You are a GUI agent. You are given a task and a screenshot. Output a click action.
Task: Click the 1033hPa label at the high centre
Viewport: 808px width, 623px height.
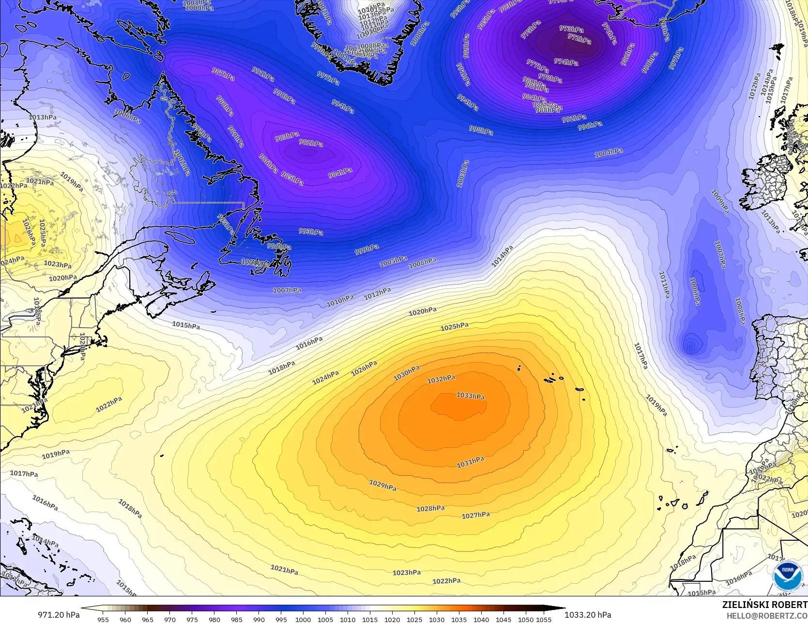click(x=470, y=396)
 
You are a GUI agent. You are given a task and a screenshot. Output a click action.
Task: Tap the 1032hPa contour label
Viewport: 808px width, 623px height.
click(x=441, y=380)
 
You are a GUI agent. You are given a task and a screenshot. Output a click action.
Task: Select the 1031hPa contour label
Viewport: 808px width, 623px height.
click(x=470, y=463)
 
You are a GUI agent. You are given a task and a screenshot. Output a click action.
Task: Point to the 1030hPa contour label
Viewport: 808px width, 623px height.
click(x=406, y=373)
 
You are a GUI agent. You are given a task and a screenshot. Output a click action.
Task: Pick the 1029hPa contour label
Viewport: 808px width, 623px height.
click(x=382, y=485)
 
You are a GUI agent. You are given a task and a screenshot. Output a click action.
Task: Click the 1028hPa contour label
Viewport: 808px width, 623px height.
click(x=430, y=508)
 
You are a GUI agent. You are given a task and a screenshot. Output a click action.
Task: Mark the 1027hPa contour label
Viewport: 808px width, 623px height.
click(x=475, y=516)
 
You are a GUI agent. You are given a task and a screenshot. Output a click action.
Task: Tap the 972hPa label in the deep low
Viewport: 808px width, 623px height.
click(x=579, y=38)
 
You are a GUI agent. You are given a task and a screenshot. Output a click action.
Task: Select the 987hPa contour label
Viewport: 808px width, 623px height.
click(x=223, y=75)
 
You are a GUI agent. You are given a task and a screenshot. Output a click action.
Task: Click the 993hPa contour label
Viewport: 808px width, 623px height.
click(x=311, y=232)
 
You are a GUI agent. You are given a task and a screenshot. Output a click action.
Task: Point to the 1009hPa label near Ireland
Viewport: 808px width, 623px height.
click(x=720, y=201)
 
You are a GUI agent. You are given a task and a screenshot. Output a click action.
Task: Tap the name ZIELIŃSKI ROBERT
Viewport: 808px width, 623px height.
click(x=764, y=605)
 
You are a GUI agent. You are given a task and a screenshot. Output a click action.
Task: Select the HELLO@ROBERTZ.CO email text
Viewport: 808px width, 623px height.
click(x=767, y=615)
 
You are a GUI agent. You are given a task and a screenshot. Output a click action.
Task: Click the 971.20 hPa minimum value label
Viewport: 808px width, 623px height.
click(x=59, y=615)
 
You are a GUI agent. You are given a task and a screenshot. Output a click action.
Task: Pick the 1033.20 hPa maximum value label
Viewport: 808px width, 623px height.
click(x=588, y=615)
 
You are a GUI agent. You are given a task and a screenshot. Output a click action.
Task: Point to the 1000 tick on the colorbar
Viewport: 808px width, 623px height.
click(x=303, y=619)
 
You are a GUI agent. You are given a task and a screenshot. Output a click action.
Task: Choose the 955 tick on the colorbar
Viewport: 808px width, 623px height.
click(x=103, y=619)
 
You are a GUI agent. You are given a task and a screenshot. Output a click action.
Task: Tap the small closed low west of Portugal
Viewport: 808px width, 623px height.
click(x=690, y=345)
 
